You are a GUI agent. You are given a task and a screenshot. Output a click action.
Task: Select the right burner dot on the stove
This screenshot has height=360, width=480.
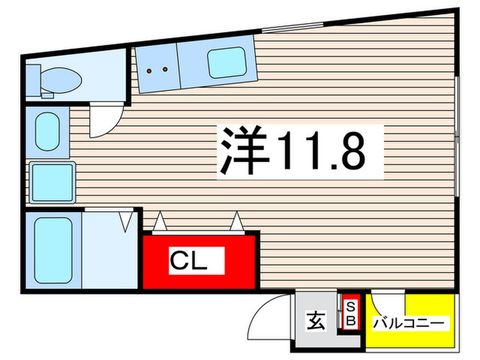pyautogui.click(x=165, y=69)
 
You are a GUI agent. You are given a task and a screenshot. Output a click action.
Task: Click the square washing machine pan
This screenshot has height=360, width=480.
pyautogui.click(x=52, y=181)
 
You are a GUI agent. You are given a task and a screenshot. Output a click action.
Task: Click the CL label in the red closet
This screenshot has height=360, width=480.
pyautogui.click(x=187, y=261)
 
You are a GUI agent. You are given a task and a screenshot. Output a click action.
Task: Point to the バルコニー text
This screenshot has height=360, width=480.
pyautogui.click(x=409, y=322)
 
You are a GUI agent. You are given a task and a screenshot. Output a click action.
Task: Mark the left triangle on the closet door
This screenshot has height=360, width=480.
pyautogui.click(x=159, y=221)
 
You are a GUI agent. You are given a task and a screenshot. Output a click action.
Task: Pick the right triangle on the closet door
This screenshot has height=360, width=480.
pyautogui.click(x=237, y=221)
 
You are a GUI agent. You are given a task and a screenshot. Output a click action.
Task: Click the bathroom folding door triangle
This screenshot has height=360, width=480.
pyautogui.click(x=126, y=221)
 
